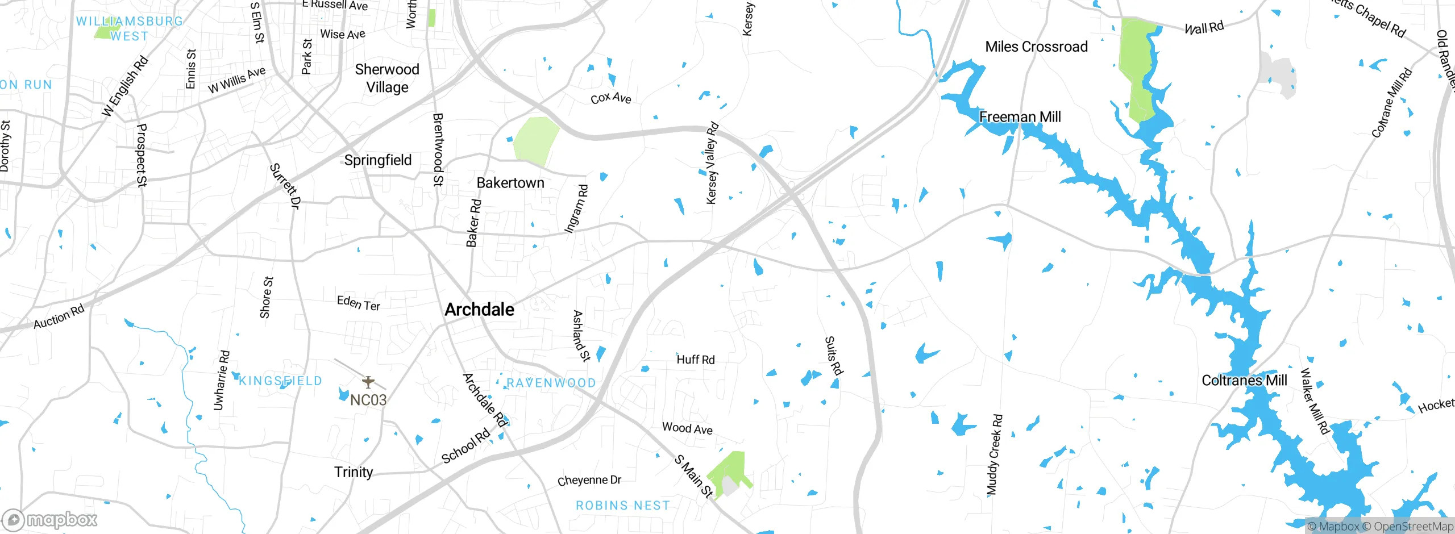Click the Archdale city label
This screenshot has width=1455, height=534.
click(x=479, y=310)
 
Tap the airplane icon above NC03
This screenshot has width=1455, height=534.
click(x=368, y=381)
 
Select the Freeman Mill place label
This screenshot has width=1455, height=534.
click(x=1020, y=117)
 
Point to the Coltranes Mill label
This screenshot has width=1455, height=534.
click(x=1244, y=381)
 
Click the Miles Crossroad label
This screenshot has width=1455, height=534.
click(x=1036, y=47)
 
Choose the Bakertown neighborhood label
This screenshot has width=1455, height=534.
click(x=510, y=183)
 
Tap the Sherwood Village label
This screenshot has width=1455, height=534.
click(x=387, y=78)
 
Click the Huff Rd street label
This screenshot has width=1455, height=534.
click(x=695, y=360)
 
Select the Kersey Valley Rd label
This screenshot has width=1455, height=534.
click(x=712, y=163)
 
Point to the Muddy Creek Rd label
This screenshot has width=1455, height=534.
click(x=994, y=454)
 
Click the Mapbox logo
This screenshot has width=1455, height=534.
click(x=50, y=520)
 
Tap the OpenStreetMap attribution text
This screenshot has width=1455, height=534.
click(x=1413, y=527)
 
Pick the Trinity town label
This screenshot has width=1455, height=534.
click(x=354, y=472)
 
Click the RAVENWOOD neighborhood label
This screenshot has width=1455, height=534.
click(x=551, y=383)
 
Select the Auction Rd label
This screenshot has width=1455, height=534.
click(x=59, y=316)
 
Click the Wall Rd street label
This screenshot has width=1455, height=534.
click(x=1204, y=28)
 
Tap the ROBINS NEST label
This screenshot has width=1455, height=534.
click(x=622, y=506)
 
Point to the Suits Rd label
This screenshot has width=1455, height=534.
click(x=833, y=356)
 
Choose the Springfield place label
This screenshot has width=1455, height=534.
click(x=377, y=160)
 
